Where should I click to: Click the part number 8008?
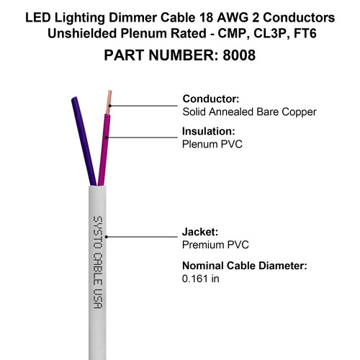click(239, 55)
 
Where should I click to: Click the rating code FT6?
click(305, 33)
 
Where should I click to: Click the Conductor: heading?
click(211, 99)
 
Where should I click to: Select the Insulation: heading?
click(209, 131)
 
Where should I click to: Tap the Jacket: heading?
click(200, 232)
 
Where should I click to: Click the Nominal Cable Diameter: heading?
click(245, 266)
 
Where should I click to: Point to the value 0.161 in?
click(201, 279)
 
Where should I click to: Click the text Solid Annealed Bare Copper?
click(250, 112)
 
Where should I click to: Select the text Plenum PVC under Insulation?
click(212, 144)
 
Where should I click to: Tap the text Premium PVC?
click(215, 245)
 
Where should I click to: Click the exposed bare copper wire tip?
click(109, 102)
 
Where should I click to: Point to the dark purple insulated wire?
click(84, 141)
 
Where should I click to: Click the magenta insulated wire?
click(104, 149)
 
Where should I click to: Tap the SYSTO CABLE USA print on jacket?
click(98, 262)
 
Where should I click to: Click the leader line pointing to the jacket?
click(142, 237)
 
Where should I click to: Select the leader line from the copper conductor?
click(143, 106)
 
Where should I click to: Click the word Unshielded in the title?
click(82, 33)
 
